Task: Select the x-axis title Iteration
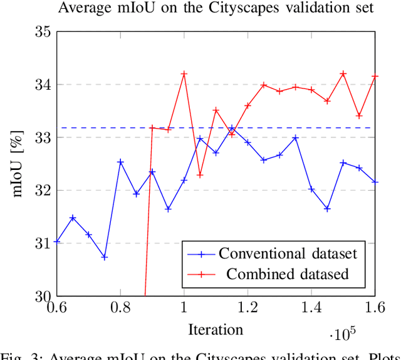click(x=216, y=329)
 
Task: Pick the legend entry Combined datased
click(x=287, y=274)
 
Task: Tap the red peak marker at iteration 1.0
click(x=184, y=74)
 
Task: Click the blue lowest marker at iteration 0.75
click(x=104, y=257)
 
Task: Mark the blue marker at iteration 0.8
click(x=120, y=162)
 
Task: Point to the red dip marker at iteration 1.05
click(x=200, y=175)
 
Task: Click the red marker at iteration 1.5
click(x=343, y=74)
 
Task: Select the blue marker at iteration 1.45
click(x=327, y=208)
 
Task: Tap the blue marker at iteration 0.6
click(x=57, y=241)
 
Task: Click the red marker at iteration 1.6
click(x=375, y=77)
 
